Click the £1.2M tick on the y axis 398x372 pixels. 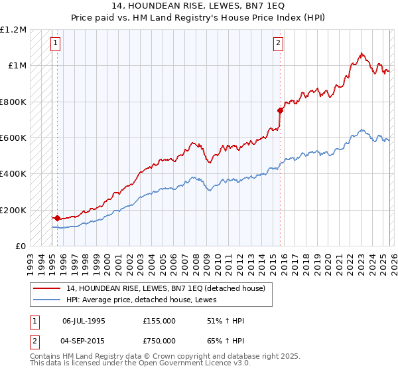pos(14,30)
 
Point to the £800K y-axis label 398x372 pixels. pos(13,102)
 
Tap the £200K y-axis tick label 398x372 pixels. pos(13,210)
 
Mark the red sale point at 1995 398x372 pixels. pos(58,218)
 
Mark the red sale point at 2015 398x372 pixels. pos(281,111)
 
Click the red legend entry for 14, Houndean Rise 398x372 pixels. pos(165,288)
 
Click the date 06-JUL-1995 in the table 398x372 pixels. pos(84,320)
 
